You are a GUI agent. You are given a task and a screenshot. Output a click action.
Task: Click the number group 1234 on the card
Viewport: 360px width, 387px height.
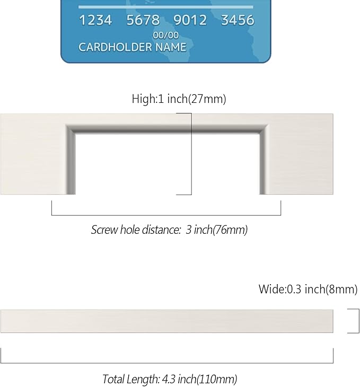coord(95,20)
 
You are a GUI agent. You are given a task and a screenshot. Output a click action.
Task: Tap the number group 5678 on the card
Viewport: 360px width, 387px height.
coord(143,20)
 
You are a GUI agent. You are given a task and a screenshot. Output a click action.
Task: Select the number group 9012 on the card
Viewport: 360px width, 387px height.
coord(190,20)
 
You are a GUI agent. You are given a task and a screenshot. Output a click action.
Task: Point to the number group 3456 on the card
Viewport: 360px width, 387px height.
coord(238,20)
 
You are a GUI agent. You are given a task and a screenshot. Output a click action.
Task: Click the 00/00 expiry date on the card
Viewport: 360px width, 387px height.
coord(165,36)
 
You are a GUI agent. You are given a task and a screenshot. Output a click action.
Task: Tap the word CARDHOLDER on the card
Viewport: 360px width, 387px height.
coord(115,47)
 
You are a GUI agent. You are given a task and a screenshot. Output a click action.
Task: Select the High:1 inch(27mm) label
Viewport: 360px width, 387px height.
coord(179,99)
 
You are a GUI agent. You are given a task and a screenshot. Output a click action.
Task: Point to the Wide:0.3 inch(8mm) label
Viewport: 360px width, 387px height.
coord(308,289)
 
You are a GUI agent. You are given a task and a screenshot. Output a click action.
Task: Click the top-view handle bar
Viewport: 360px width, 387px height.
coord(167,321)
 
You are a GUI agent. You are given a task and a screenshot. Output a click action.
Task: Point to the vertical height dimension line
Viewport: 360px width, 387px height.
coord(191,154)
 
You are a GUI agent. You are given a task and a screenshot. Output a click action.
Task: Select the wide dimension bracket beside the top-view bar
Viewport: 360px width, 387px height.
coord(358,321)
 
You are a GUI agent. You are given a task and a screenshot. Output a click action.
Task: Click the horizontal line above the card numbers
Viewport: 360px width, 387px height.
coord(165,7)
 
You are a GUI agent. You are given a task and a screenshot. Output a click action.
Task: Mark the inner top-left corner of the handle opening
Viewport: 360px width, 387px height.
coord(75,134)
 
